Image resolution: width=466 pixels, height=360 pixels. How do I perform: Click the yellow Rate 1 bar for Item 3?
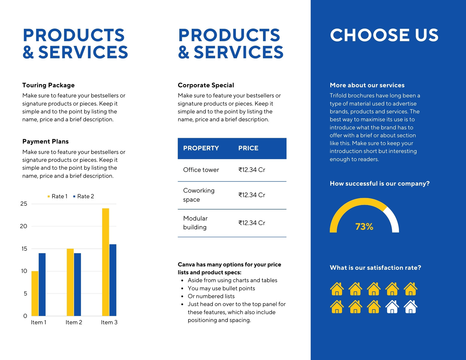click(x=105, y=262)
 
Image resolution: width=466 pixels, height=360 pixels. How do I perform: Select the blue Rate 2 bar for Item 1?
click(x=42, y=285)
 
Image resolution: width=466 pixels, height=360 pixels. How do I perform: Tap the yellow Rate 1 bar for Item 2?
click(x=70, y=282)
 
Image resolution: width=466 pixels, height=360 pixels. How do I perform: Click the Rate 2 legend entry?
click(x=84, y=196)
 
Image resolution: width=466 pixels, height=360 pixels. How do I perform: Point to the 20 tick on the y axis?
click(x=24, y=226)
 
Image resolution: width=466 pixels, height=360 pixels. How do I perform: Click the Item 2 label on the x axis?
click(x=74, y=322)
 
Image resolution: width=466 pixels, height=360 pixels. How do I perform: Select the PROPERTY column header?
click(x=201, y=148)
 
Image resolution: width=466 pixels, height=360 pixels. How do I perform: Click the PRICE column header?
click(x=248, y=148)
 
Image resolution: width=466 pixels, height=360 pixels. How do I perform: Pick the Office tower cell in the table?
click(x=201, y=170)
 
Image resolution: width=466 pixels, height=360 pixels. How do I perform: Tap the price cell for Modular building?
click(x=252, y=223)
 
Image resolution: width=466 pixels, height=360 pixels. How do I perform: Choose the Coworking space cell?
click(x=199, y=195)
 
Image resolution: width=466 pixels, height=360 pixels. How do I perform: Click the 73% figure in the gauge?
click(x=364, y=226)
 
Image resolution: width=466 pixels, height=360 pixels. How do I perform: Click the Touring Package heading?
click(x=48, y=85)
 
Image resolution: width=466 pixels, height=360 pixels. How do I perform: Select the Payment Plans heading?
click(x=45, y=142)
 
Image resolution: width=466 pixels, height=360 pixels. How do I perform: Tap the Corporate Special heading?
click(x=206, y=85)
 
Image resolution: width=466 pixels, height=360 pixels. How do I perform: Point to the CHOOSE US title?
click(x=384, y=35)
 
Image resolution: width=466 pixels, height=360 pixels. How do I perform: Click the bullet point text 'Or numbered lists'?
click(x=211, y=296)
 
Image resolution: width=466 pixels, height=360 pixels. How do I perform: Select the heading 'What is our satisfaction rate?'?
click(x=375, y=268)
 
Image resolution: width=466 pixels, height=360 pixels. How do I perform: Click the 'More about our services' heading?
click(x=367, y=85)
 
